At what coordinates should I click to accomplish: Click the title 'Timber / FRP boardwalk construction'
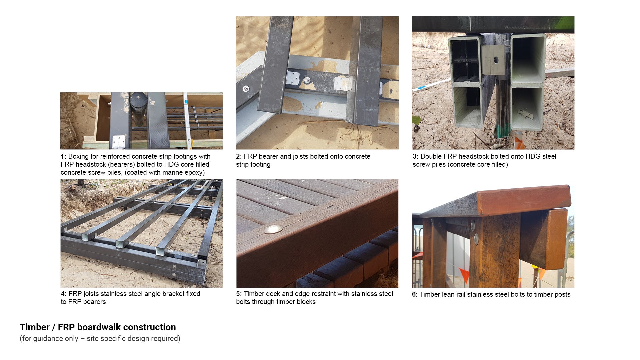click(98, 327)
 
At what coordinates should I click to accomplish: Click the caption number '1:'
click(63, 156)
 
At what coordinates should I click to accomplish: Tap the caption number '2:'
click(239, 156)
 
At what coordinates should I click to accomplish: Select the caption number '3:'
click(415, 156)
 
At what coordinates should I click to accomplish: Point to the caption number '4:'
click(63, 294)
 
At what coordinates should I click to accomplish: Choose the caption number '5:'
click(239, 294)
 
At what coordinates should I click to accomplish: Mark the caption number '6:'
click(415, 294)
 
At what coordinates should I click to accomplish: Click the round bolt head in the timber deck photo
click(273, 229)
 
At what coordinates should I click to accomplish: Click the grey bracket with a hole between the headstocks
click(493, 60)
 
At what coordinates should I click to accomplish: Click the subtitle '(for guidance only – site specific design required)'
click(100, 339)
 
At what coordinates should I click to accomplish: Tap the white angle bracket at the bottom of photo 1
click(119, 141)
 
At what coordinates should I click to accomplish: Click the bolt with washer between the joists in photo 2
click(307, 80)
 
